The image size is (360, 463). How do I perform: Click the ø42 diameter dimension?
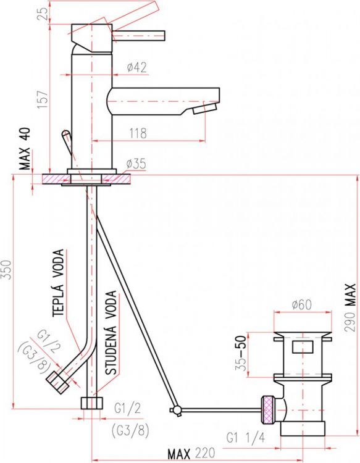[136, 67]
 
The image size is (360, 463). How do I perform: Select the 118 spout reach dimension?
[138, 133]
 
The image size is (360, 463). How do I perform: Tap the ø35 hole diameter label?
[136, 164]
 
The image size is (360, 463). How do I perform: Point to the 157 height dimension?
[43, 99]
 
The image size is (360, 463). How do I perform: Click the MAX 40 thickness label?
[25, 149]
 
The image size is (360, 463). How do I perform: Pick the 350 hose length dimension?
[7, 269]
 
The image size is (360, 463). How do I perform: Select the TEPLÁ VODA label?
[58, 283]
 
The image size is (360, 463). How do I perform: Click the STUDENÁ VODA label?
[111, 333]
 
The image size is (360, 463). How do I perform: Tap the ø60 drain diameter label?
[301, 305]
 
